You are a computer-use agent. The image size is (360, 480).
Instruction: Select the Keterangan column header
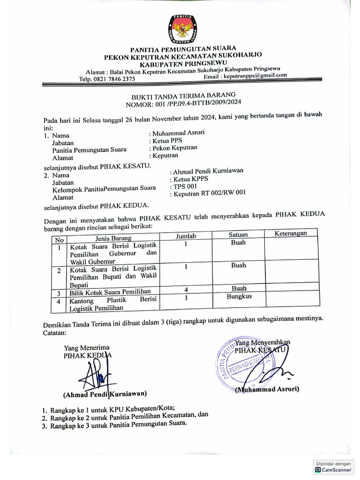point(290,233)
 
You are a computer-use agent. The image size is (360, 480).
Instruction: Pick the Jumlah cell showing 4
point(186,289)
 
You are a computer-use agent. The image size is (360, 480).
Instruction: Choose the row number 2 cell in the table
point(59,271)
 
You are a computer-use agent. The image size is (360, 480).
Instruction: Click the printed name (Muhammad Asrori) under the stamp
point(267,389)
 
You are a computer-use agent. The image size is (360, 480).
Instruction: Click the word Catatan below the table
point(55,333)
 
